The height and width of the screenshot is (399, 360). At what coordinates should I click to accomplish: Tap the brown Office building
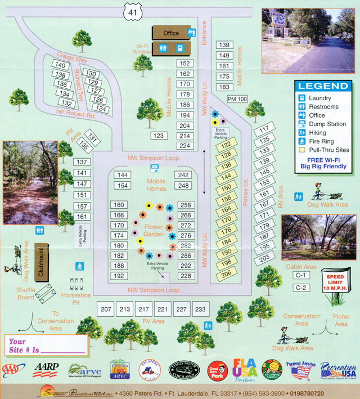(x=170, y=33)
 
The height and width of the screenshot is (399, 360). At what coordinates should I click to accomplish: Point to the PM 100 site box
(x=237, y=99)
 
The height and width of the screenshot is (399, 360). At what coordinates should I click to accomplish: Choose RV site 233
(x=200, y=309)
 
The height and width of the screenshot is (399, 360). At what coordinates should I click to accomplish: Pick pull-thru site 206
(x=226, y=274)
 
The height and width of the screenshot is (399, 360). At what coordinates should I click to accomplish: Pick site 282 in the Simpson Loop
(x=185, y=246)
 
